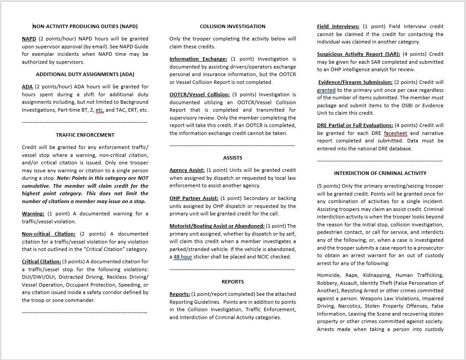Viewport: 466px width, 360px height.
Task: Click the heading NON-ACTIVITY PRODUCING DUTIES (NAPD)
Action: point(85,26)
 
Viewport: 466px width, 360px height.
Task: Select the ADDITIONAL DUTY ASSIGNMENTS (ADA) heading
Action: point(85,74)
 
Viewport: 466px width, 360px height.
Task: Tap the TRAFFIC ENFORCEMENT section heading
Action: point(85,135)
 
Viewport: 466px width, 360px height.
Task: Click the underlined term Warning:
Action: point(33,214)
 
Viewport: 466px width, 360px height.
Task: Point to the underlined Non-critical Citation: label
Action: point(48,234)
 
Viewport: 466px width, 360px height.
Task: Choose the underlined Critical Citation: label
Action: point(41,262)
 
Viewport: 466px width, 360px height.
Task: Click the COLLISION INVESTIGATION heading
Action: point(232,26)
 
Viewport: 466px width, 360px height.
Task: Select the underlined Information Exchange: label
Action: point(198,59)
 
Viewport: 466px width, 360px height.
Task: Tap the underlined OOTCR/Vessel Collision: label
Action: point(199,95)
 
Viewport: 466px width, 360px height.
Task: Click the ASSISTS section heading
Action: point(232,158)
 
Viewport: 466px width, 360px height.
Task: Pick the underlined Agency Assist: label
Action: point(187,170)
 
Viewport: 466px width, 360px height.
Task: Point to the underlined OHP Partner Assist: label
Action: point(193,198)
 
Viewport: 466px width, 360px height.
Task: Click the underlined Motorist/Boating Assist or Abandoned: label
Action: point(217,226)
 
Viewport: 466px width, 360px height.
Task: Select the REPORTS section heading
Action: point(232,282)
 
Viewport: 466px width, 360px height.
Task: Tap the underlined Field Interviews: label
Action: point(338,26)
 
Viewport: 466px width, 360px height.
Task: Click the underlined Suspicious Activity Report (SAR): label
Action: point(358,54)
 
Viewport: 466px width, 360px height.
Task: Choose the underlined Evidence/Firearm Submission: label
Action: point(355,82)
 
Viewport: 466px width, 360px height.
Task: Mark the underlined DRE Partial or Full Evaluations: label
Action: point(355,125)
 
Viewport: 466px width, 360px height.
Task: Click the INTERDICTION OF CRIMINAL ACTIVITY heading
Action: point(380,173)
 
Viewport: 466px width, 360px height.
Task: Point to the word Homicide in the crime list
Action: point(328,275)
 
